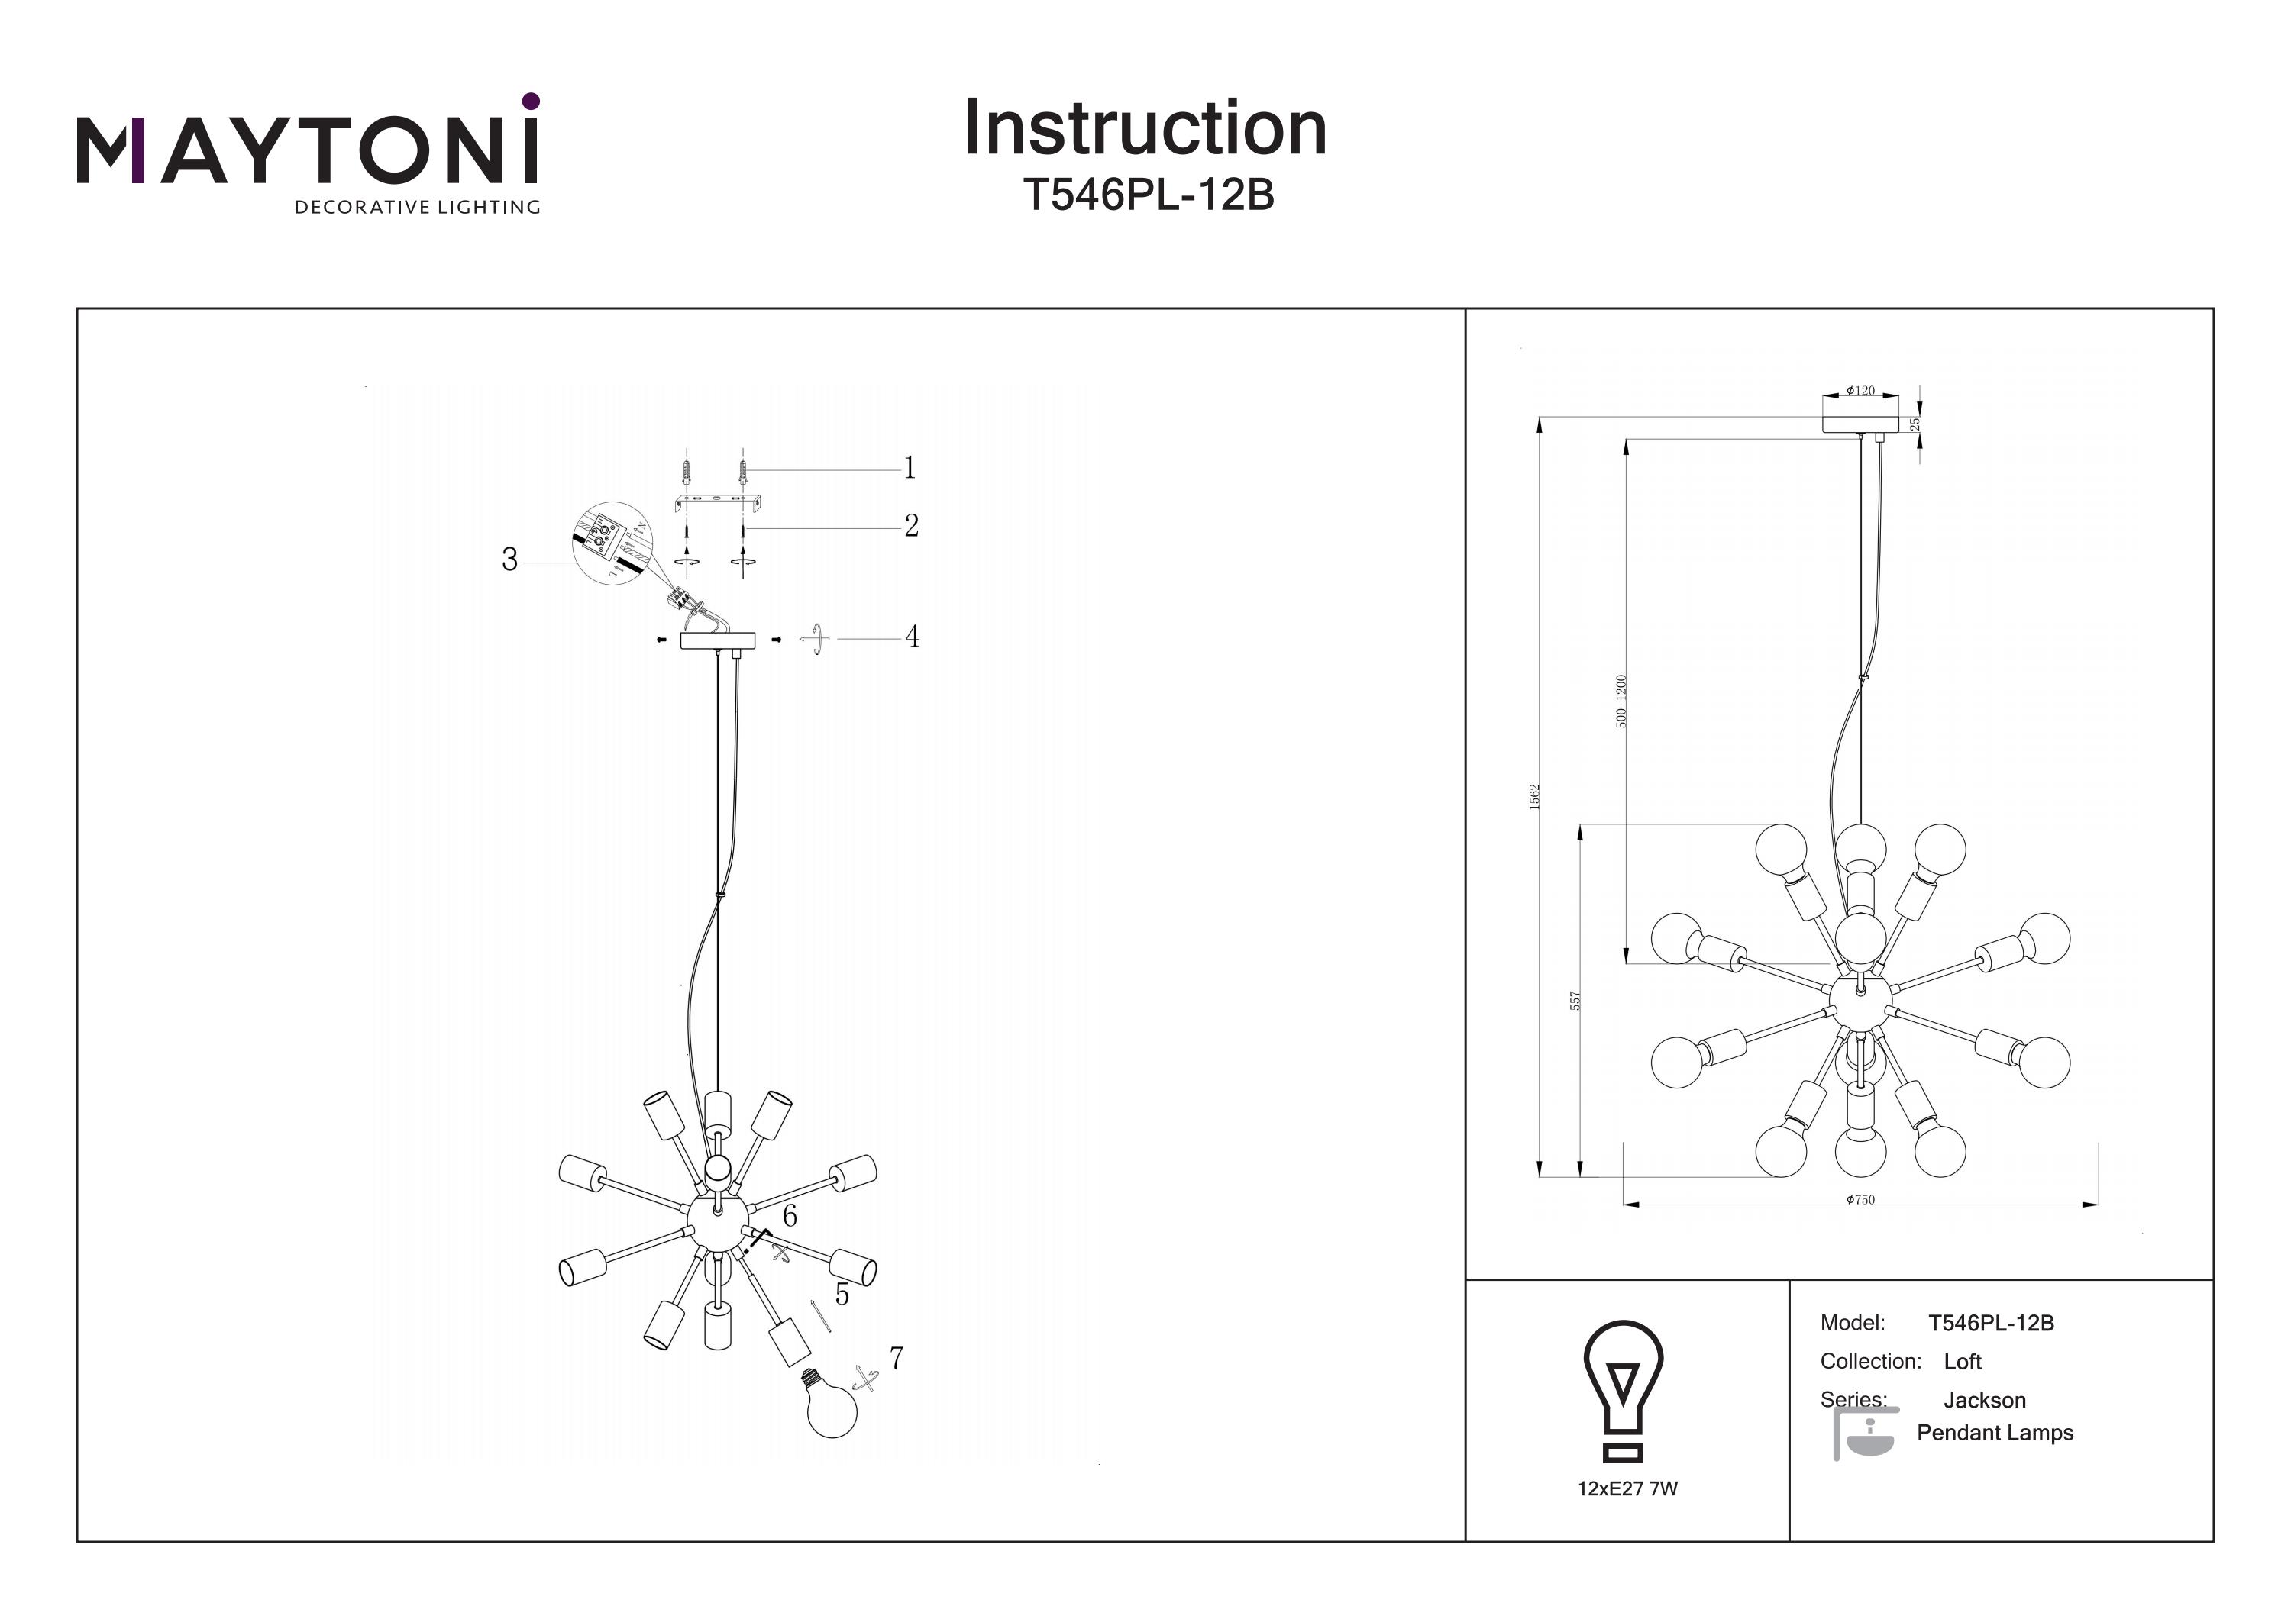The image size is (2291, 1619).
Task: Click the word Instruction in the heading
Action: pos(1145,129)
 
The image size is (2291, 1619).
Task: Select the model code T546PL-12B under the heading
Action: pos(1149,195)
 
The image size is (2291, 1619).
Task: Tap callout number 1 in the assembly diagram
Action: pos(909,468)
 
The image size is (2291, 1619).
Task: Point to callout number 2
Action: pos(911,526)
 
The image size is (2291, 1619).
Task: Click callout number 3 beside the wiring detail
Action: pos(510,560)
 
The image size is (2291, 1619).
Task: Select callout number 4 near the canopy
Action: pos(912,637)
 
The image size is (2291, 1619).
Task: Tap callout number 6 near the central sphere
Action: pos(790,1216)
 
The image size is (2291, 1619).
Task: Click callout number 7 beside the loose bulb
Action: pos(896,1358)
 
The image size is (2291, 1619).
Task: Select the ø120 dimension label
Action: pos(1860,391)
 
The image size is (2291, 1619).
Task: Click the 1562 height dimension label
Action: pos(1536,796)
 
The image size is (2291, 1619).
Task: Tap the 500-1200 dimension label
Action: pos(1621,701)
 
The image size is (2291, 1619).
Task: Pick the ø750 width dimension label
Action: pos(1860,1200)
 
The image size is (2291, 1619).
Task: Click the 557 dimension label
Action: pos(1575,1001)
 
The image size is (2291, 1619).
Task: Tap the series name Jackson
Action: pos(1984,1401)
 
